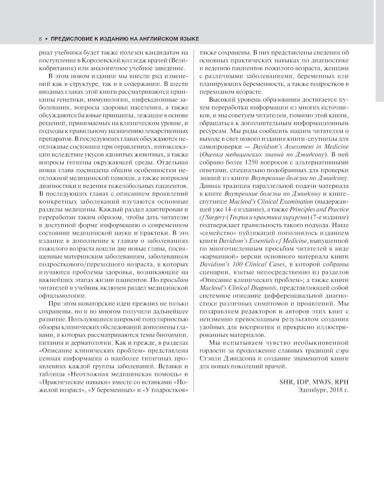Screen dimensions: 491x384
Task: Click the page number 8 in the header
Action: [40, 39]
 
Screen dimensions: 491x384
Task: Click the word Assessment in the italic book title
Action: [310, 147]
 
